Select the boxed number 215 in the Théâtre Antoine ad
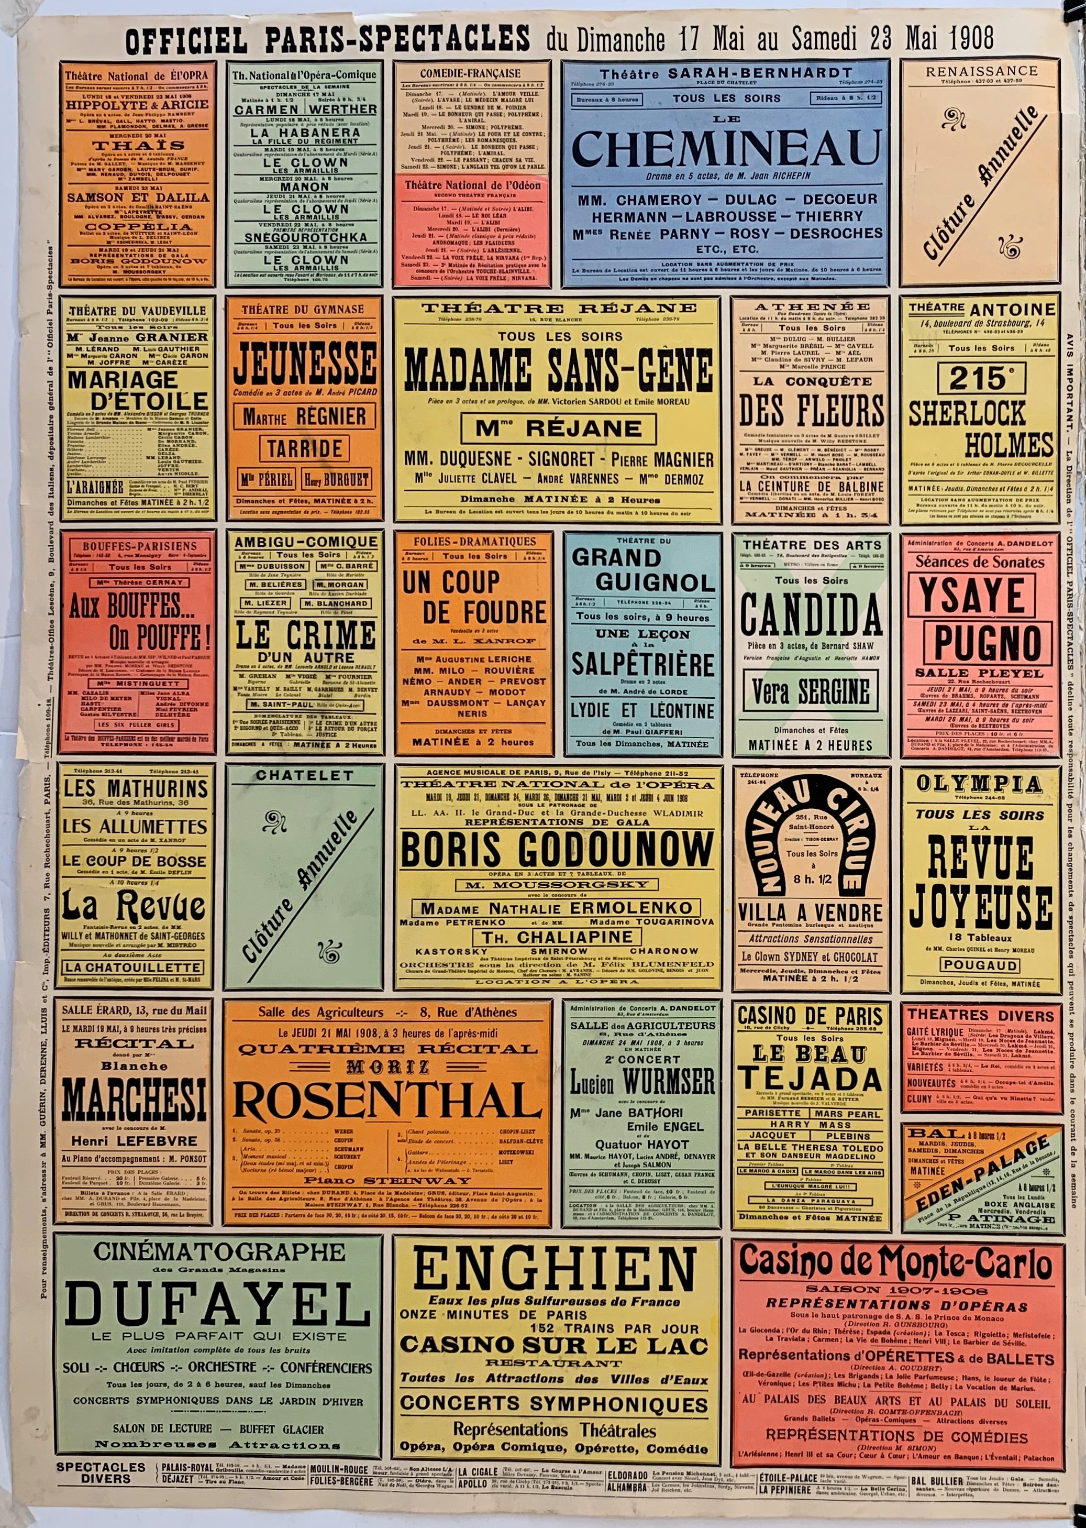click(980, 379)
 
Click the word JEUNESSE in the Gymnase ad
click(304, 360)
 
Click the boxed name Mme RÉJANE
click(558, 427)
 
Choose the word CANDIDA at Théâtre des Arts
click(811, 613)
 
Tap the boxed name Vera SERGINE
click(811, 692)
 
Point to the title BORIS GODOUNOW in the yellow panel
click(557, 850)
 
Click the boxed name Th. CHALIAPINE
click(558, 937)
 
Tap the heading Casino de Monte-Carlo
click(895, 1261)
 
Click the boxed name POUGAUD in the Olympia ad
click(980, 965)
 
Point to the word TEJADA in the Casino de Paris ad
click(810, 1079)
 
